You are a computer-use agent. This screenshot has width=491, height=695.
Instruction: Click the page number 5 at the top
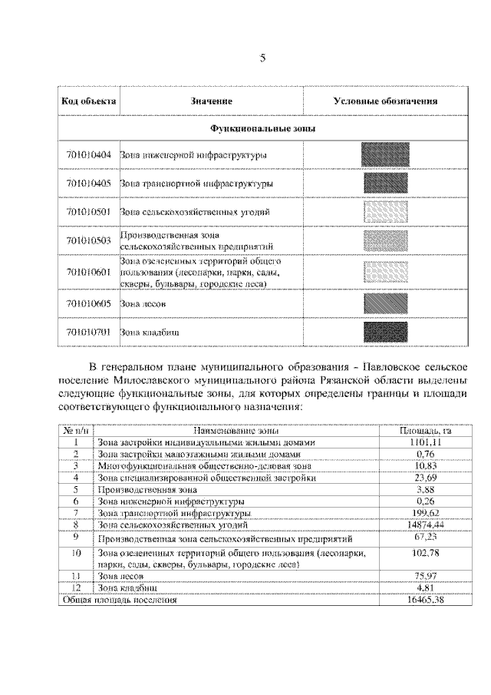262,58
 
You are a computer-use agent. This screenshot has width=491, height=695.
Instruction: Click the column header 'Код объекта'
88,101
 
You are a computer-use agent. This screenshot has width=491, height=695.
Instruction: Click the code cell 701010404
88,155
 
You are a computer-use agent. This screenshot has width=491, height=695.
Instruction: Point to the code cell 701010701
88,333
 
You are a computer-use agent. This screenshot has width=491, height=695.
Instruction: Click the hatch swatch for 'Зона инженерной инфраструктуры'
386,155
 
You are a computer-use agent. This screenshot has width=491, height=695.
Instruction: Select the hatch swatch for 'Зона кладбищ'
386,332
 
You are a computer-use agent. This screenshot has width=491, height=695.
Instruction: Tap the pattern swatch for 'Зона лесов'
386,303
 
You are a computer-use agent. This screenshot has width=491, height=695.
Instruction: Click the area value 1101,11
427,442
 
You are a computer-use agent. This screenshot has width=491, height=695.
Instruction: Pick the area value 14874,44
427,524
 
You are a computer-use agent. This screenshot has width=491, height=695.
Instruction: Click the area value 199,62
427,511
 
